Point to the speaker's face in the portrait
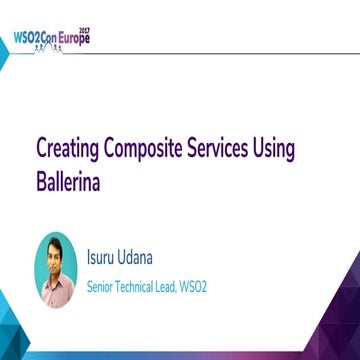[x=55, y=258]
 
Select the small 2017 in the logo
[x=85, y=29]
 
